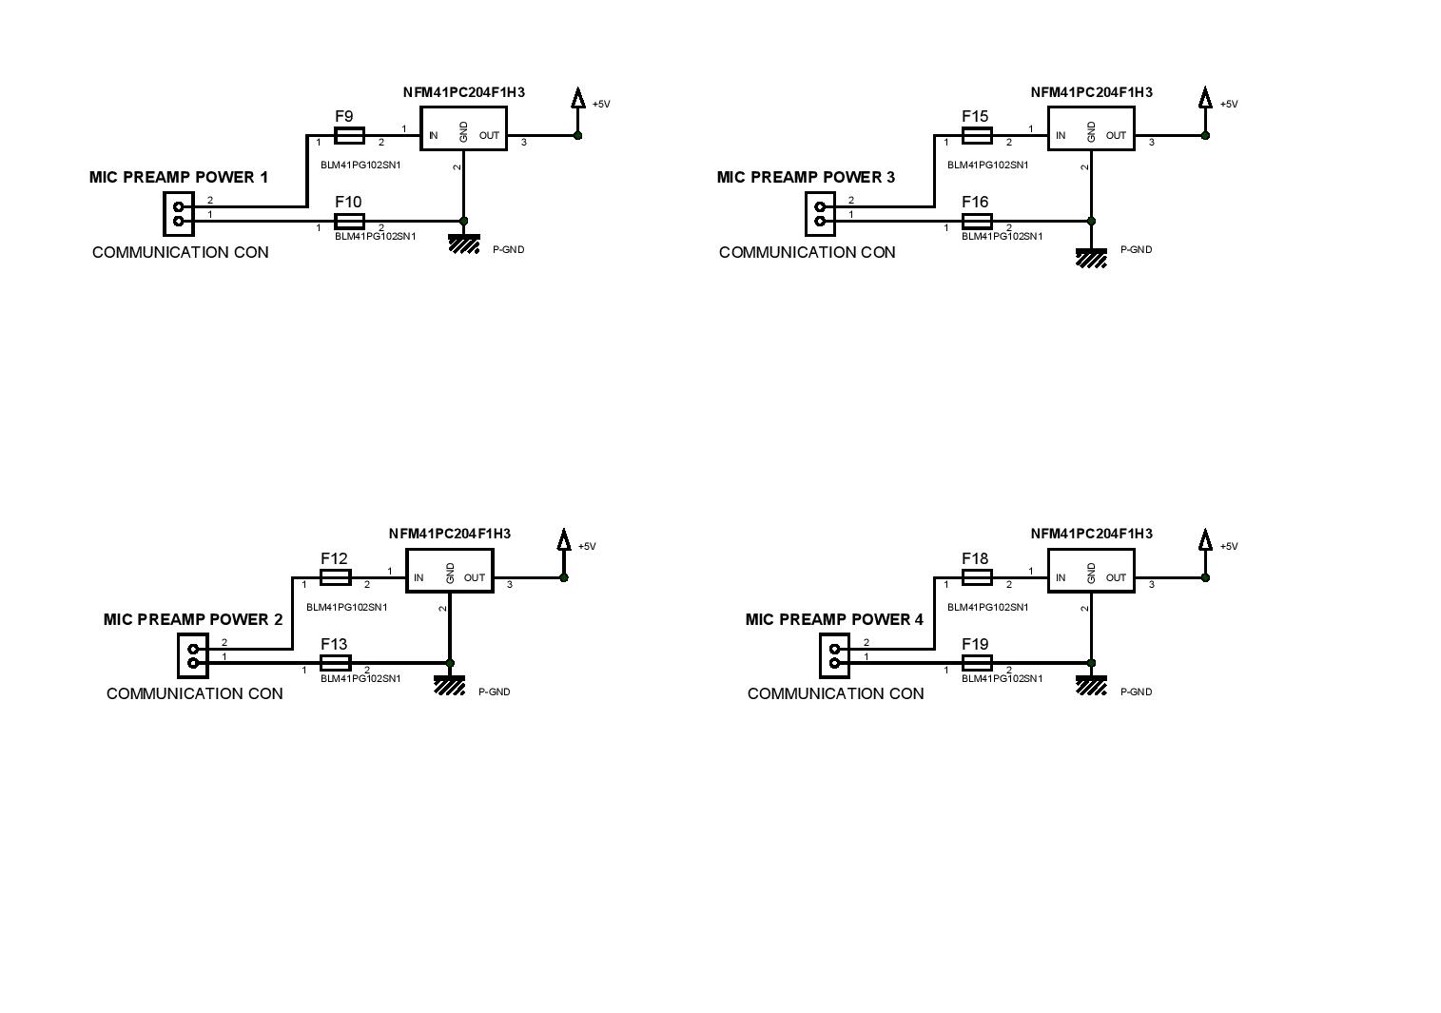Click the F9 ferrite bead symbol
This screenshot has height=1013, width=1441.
[349, 136]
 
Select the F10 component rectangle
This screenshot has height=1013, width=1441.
[349, 222]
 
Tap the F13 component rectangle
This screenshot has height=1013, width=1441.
[335, 663]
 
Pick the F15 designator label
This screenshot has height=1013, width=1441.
[975, 116]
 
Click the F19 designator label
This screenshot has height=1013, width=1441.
[975, 644]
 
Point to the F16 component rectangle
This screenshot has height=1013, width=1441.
[977, 222]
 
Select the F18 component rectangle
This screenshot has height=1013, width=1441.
[977, 577]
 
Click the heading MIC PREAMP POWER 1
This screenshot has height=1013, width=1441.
[179, 178]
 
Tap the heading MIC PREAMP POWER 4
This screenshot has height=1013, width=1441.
[834, 619]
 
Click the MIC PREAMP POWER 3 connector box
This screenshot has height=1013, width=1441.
[820, 214]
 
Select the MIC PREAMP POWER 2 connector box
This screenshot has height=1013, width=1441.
[193, 656]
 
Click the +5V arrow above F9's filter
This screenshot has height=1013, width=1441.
[577, 98]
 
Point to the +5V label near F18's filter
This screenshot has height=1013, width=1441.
[1229, 547]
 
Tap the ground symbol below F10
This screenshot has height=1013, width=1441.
[464, 244]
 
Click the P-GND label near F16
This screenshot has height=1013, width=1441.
[1136, 249]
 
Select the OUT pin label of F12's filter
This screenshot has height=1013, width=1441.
[474, 577]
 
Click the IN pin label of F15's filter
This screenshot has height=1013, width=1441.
[1061, 136]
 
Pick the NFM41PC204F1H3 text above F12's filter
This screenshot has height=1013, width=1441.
[450, 534]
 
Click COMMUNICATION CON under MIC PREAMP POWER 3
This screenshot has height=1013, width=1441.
[807, 252]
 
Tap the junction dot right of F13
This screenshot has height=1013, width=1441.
[450, 663]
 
